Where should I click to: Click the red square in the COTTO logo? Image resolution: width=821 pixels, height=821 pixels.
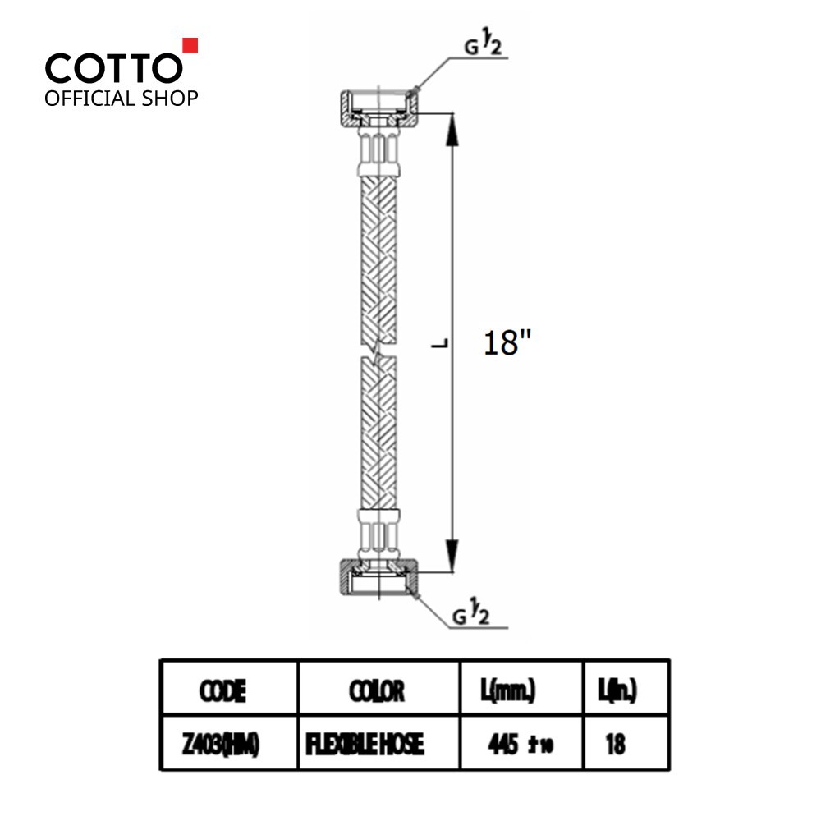pos(190,45)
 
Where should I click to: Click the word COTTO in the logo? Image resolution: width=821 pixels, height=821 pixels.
pos(114,69)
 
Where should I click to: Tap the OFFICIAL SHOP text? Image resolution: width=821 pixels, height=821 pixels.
pos(122,99)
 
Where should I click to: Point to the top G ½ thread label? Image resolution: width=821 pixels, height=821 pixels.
pos(483,45)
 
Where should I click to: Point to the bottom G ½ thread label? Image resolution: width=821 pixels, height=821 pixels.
pos(470,615)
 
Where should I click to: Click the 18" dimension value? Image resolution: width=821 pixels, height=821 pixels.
pos(507,343)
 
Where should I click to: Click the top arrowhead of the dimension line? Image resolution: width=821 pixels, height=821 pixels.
pos(452,130)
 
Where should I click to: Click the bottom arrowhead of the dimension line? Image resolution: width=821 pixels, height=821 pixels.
pos(452,556)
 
